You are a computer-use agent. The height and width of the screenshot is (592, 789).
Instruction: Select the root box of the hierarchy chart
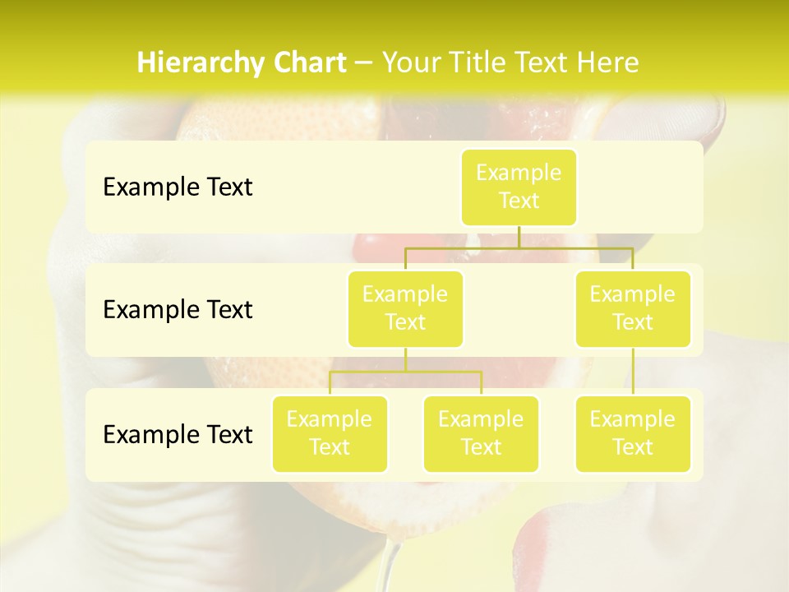click(519, 187)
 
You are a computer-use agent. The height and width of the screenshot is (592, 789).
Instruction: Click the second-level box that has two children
click(405, 308)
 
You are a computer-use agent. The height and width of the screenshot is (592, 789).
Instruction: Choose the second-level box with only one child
click(633, 308)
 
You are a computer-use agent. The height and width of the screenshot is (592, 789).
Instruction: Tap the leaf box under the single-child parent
click(633, 433)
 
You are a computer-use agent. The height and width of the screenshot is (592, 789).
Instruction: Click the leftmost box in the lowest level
click(330, 433)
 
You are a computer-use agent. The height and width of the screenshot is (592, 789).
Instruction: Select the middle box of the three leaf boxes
click(481, 433)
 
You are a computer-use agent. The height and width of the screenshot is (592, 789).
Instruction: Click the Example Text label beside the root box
click(178, 187)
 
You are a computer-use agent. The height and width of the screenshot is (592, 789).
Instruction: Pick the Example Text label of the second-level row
click(178, 310)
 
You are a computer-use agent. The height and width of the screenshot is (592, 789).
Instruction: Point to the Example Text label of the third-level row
click(178, 434)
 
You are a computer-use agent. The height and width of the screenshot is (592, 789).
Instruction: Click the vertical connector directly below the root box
click(519, 237)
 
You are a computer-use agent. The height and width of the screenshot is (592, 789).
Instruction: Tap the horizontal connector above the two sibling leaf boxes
click(405, 372)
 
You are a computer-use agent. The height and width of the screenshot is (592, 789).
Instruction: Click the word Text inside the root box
click(519, 201)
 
